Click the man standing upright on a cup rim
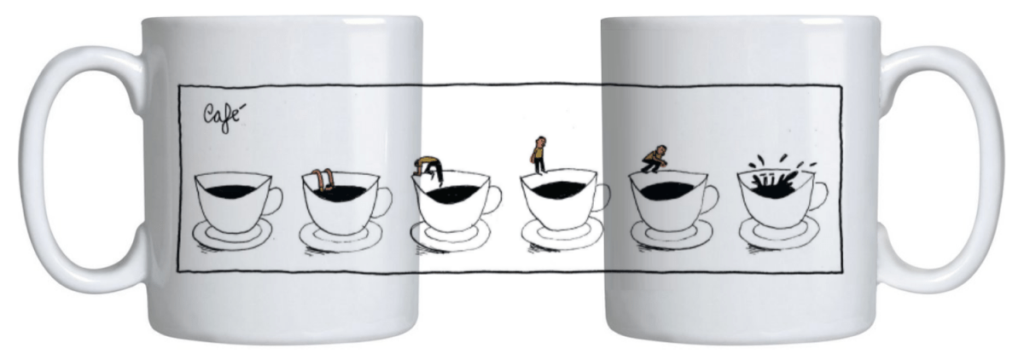pyautogui.click(x=539, y=155)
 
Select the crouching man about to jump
pyautogui.click(x=655, y=160)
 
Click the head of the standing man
pyautogui.click(x=541, y=140)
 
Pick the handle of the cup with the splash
pyautogui.click(x=818, y=195)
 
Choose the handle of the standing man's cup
pyautogui.click(x=602, y=197)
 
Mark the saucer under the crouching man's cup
pyautogui.click(x=672, y=235)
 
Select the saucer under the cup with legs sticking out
pyautogui.click(x=340, y=236)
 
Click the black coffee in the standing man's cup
pyautogui.click(x=559, y=189)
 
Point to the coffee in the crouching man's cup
pyautogui.click(x=666, y=190)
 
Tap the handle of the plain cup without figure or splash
pyautogui.click(x=273, y=201)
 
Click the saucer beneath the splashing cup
pyautogui.click(x=779, y=233)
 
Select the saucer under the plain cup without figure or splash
pyautogui.click(x=232, y=235)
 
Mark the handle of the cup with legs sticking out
pyautogui.click(x=383, y=202)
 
